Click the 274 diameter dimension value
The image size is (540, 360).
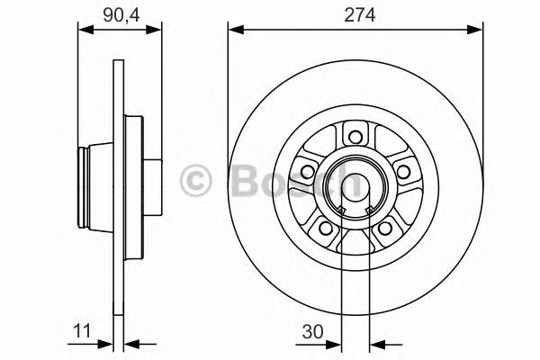353,14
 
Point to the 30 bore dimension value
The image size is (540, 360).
314,331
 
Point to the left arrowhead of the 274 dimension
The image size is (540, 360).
233,29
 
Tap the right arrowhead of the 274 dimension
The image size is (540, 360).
473,29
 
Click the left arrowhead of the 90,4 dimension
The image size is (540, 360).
85,29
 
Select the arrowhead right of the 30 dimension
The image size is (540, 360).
377,343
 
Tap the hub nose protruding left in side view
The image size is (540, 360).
87,185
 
